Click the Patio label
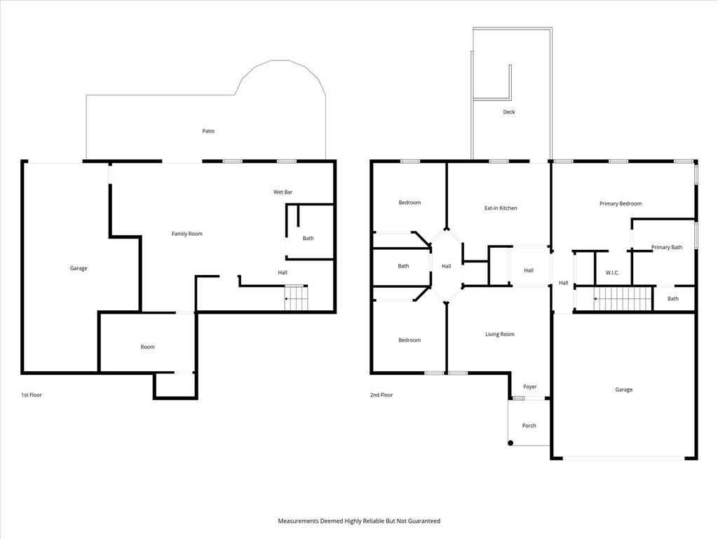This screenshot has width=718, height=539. coord(208,131)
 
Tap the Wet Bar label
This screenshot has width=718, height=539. coord(283,192)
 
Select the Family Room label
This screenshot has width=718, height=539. coord(187,234)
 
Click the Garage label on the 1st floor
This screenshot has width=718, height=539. coord(79,268)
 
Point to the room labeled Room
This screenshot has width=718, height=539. coord(147,347)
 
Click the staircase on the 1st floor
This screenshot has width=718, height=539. coord(296,298)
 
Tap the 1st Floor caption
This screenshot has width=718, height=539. coord(31,394)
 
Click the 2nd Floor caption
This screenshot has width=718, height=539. coord(381,394)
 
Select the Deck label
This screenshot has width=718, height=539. coord(509,112)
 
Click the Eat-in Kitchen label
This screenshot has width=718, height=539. coord(501,208)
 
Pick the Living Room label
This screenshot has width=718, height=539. coord(499,334)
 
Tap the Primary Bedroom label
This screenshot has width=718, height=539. coord(621,204)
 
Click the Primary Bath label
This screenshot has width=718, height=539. coord(667,247)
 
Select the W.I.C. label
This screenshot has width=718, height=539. coord(612,273)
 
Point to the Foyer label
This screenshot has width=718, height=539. coord(530,387)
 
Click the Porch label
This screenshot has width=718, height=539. coord(529,426)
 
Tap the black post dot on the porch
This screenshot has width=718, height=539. coord(510,443)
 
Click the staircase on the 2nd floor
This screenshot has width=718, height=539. coord(623,299)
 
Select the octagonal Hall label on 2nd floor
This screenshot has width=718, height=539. coord(446,266)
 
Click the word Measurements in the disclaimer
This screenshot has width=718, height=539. coord(298,521)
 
